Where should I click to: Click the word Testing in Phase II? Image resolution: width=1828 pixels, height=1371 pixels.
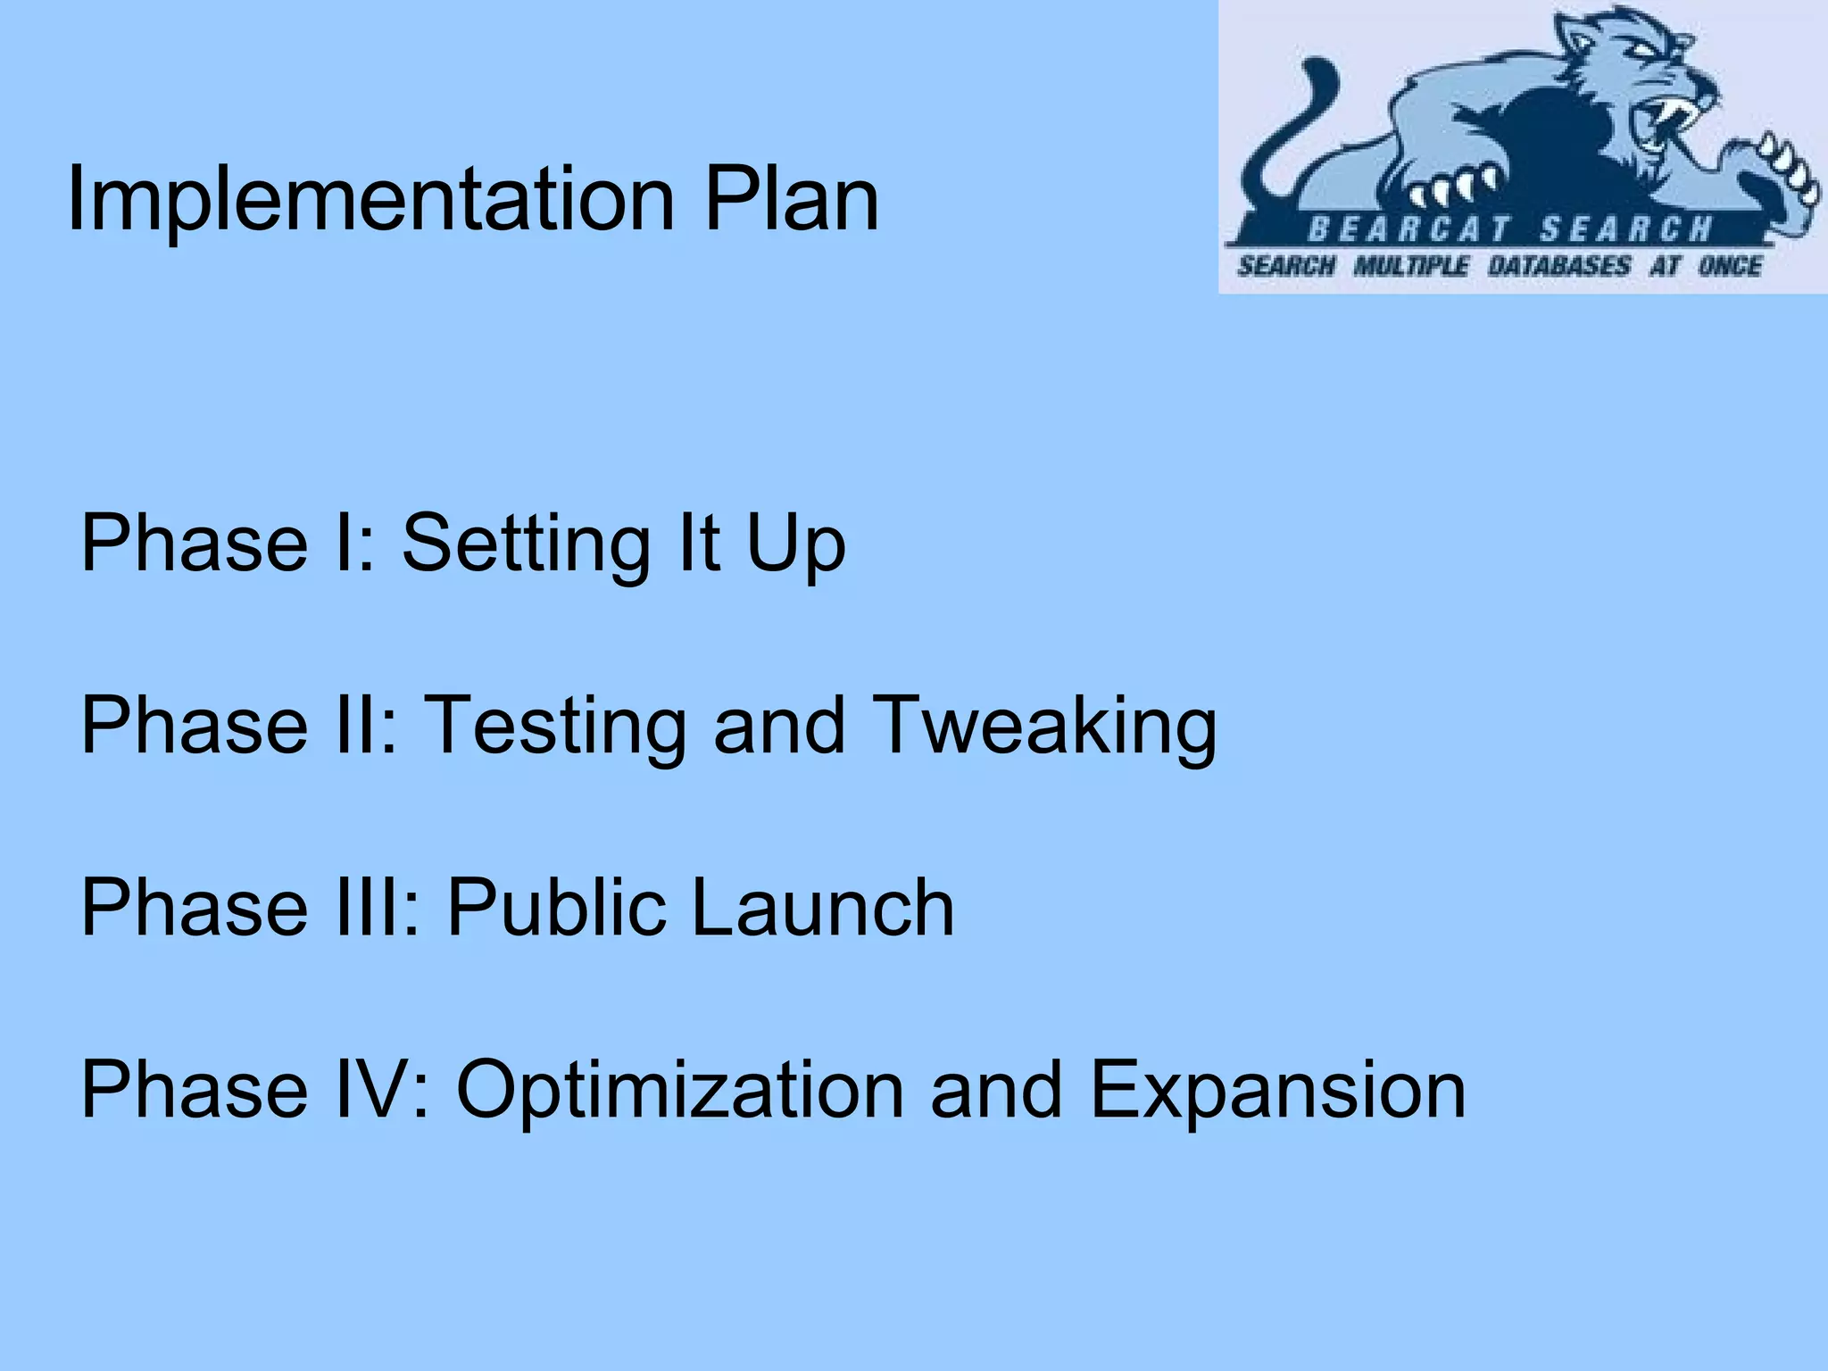pyautogui.click(x=554, y=727)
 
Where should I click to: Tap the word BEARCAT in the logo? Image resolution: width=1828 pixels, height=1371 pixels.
pyautogui.click(x=1408, y=230)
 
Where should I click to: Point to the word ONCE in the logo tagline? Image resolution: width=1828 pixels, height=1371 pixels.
pyautogui.click(x=1730, y=266)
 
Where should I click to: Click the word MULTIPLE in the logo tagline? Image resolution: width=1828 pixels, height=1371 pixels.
pyautogui.click(x=1410, y=266)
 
